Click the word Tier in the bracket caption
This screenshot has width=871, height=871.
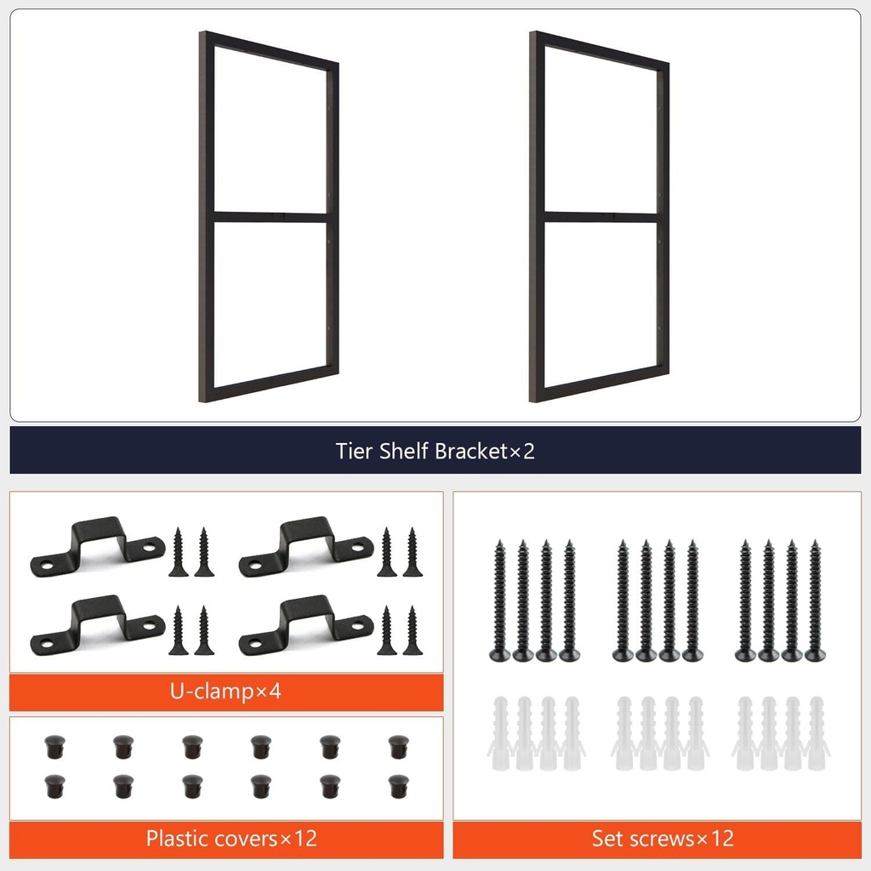(354, 451)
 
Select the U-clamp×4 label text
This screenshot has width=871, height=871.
(225, 691)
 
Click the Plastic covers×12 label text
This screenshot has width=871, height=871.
(231, 839)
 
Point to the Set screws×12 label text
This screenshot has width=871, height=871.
(663, 839)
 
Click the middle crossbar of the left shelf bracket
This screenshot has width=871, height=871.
(269, 217)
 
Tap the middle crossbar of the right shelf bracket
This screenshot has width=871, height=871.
(600, 217)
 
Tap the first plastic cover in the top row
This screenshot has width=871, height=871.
(51, 746)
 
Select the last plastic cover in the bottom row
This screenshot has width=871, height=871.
(396, 783)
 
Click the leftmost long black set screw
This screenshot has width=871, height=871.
(499, 601)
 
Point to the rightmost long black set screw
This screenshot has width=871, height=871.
(815, 601)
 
